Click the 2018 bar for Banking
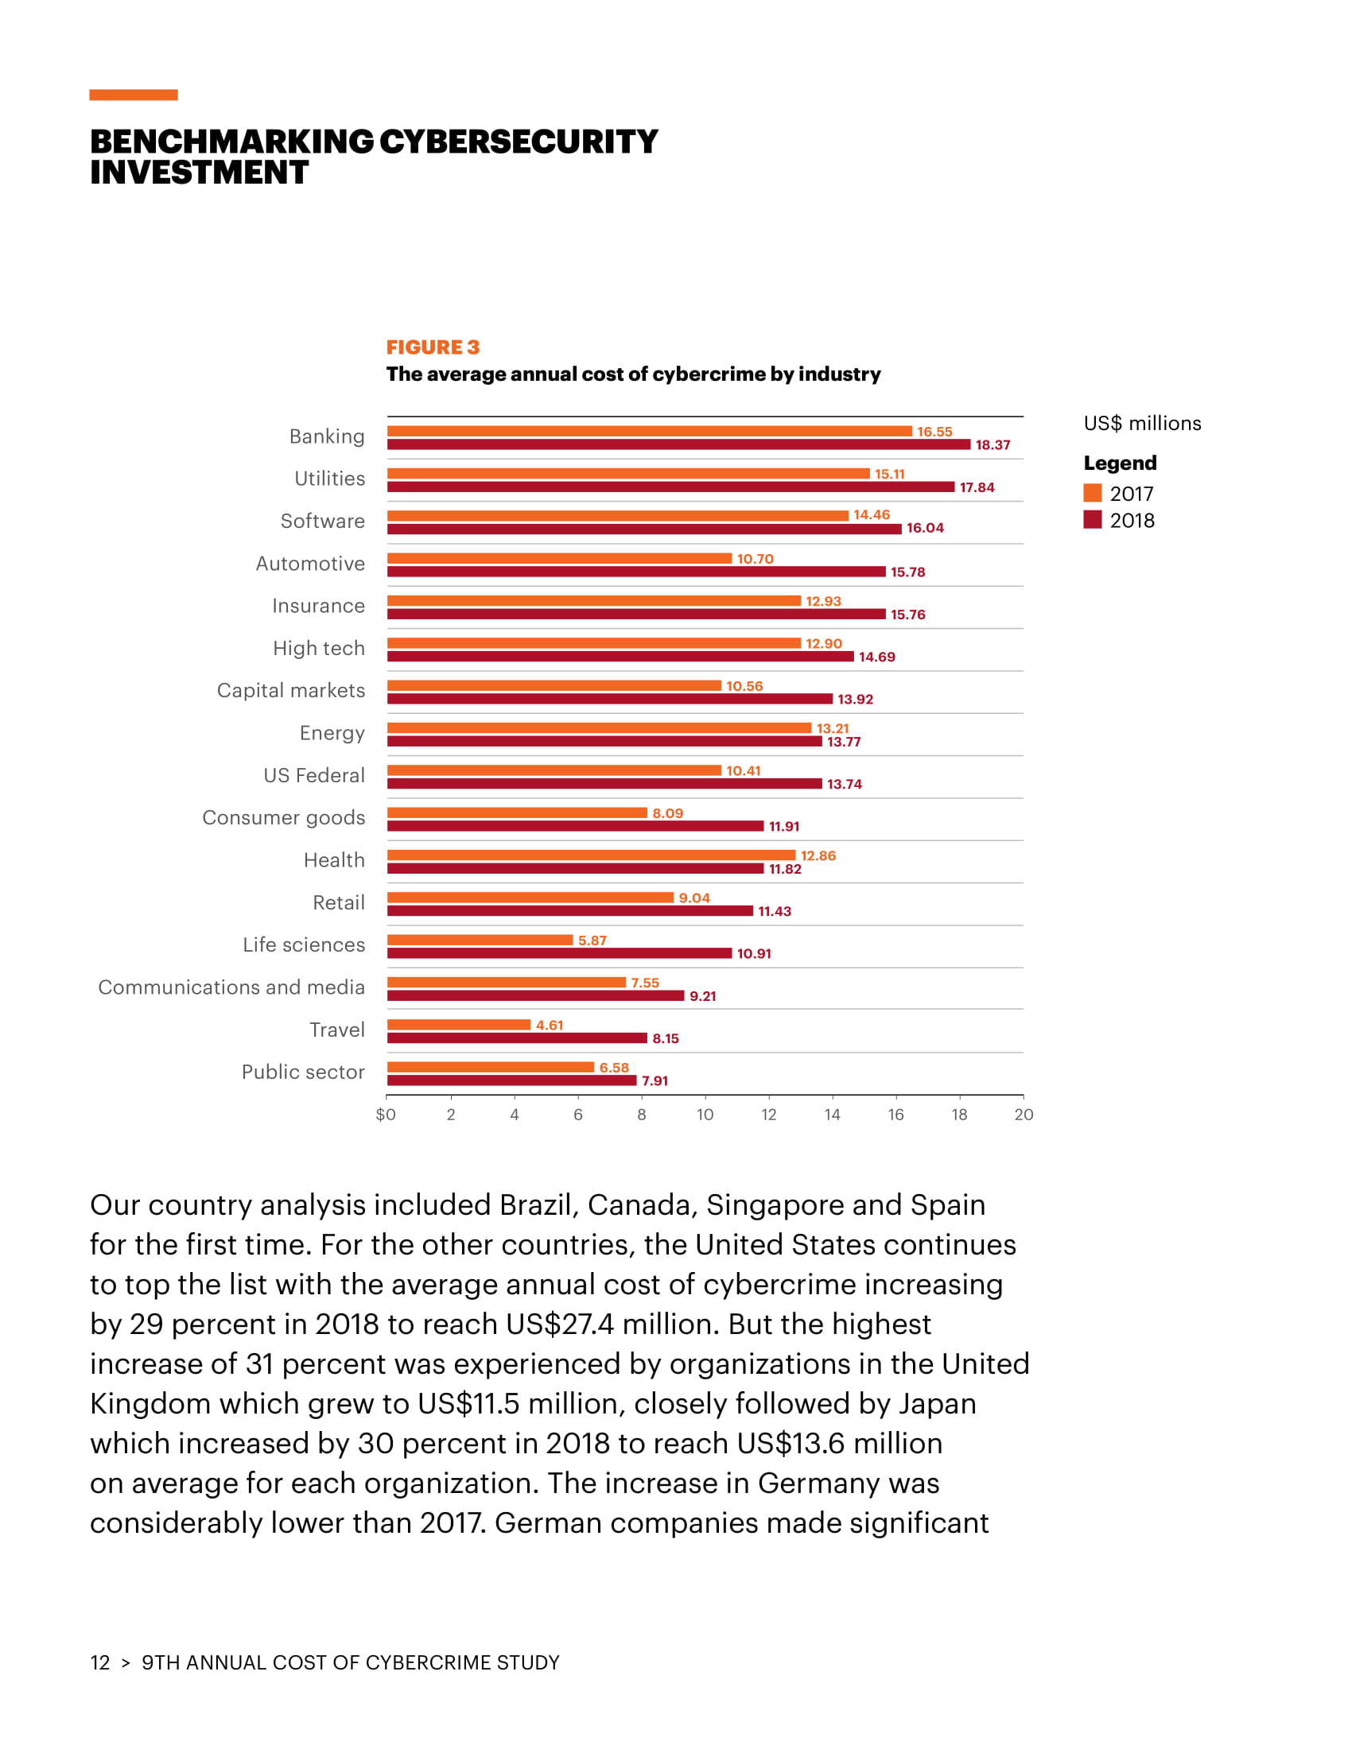click(x=678, y=444)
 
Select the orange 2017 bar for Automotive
click(x=559, y=558)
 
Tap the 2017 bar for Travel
click(x=459, y=1025)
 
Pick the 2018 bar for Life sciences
click(x=559, y=953)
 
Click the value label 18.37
click(x=993, y=445)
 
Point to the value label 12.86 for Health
click(x=818, y=855)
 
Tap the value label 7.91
click(x=655, y=1081)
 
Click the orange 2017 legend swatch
click(x=1093, y=493)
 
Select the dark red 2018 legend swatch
click(x=1093, y=520)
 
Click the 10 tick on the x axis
click(x=705, y=1115)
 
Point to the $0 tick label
click(x=386, y=1115)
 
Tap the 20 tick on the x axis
click(x=1024, y=1115)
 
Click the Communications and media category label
click(x=231, y=987)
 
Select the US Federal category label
click(x=314, y=775)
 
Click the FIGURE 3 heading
click(x=433, y=347)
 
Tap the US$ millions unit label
click(x=1142, y=424)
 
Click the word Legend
click(x=1120, y=463)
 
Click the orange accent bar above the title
click(x=134, y=95)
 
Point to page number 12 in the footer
click(x=100, y=1662)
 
